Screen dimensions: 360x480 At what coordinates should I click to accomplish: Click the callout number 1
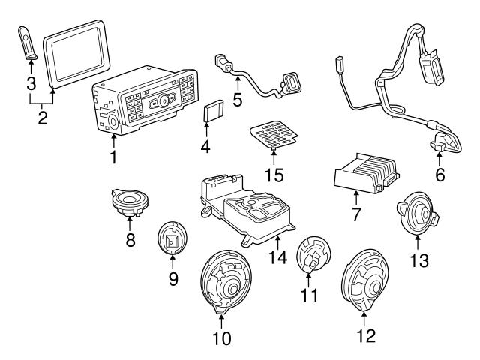point(114,157)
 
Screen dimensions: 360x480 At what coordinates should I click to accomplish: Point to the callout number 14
point(278,256)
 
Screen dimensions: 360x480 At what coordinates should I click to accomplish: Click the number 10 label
point(221,338)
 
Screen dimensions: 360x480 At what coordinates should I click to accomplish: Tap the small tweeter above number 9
point(172,240)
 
